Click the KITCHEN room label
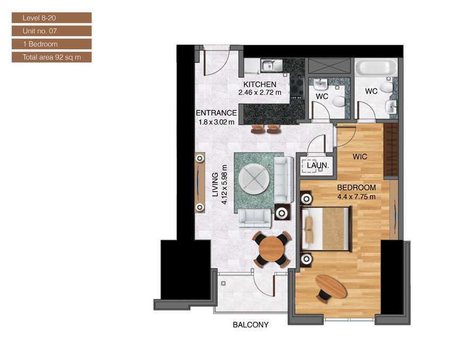260,84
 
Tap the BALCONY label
250,324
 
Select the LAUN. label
317,166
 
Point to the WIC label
360,157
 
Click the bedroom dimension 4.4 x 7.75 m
357,197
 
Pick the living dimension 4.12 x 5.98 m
224,184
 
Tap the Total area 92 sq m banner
52,57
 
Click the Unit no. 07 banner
52,31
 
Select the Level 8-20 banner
52,18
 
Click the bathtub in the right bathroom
376,67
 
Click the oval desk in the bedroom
331,286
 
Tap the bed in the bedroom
326,229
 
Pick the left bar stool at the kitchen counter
257,129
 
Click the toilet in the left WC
339,101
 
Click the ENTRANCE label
216,113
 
